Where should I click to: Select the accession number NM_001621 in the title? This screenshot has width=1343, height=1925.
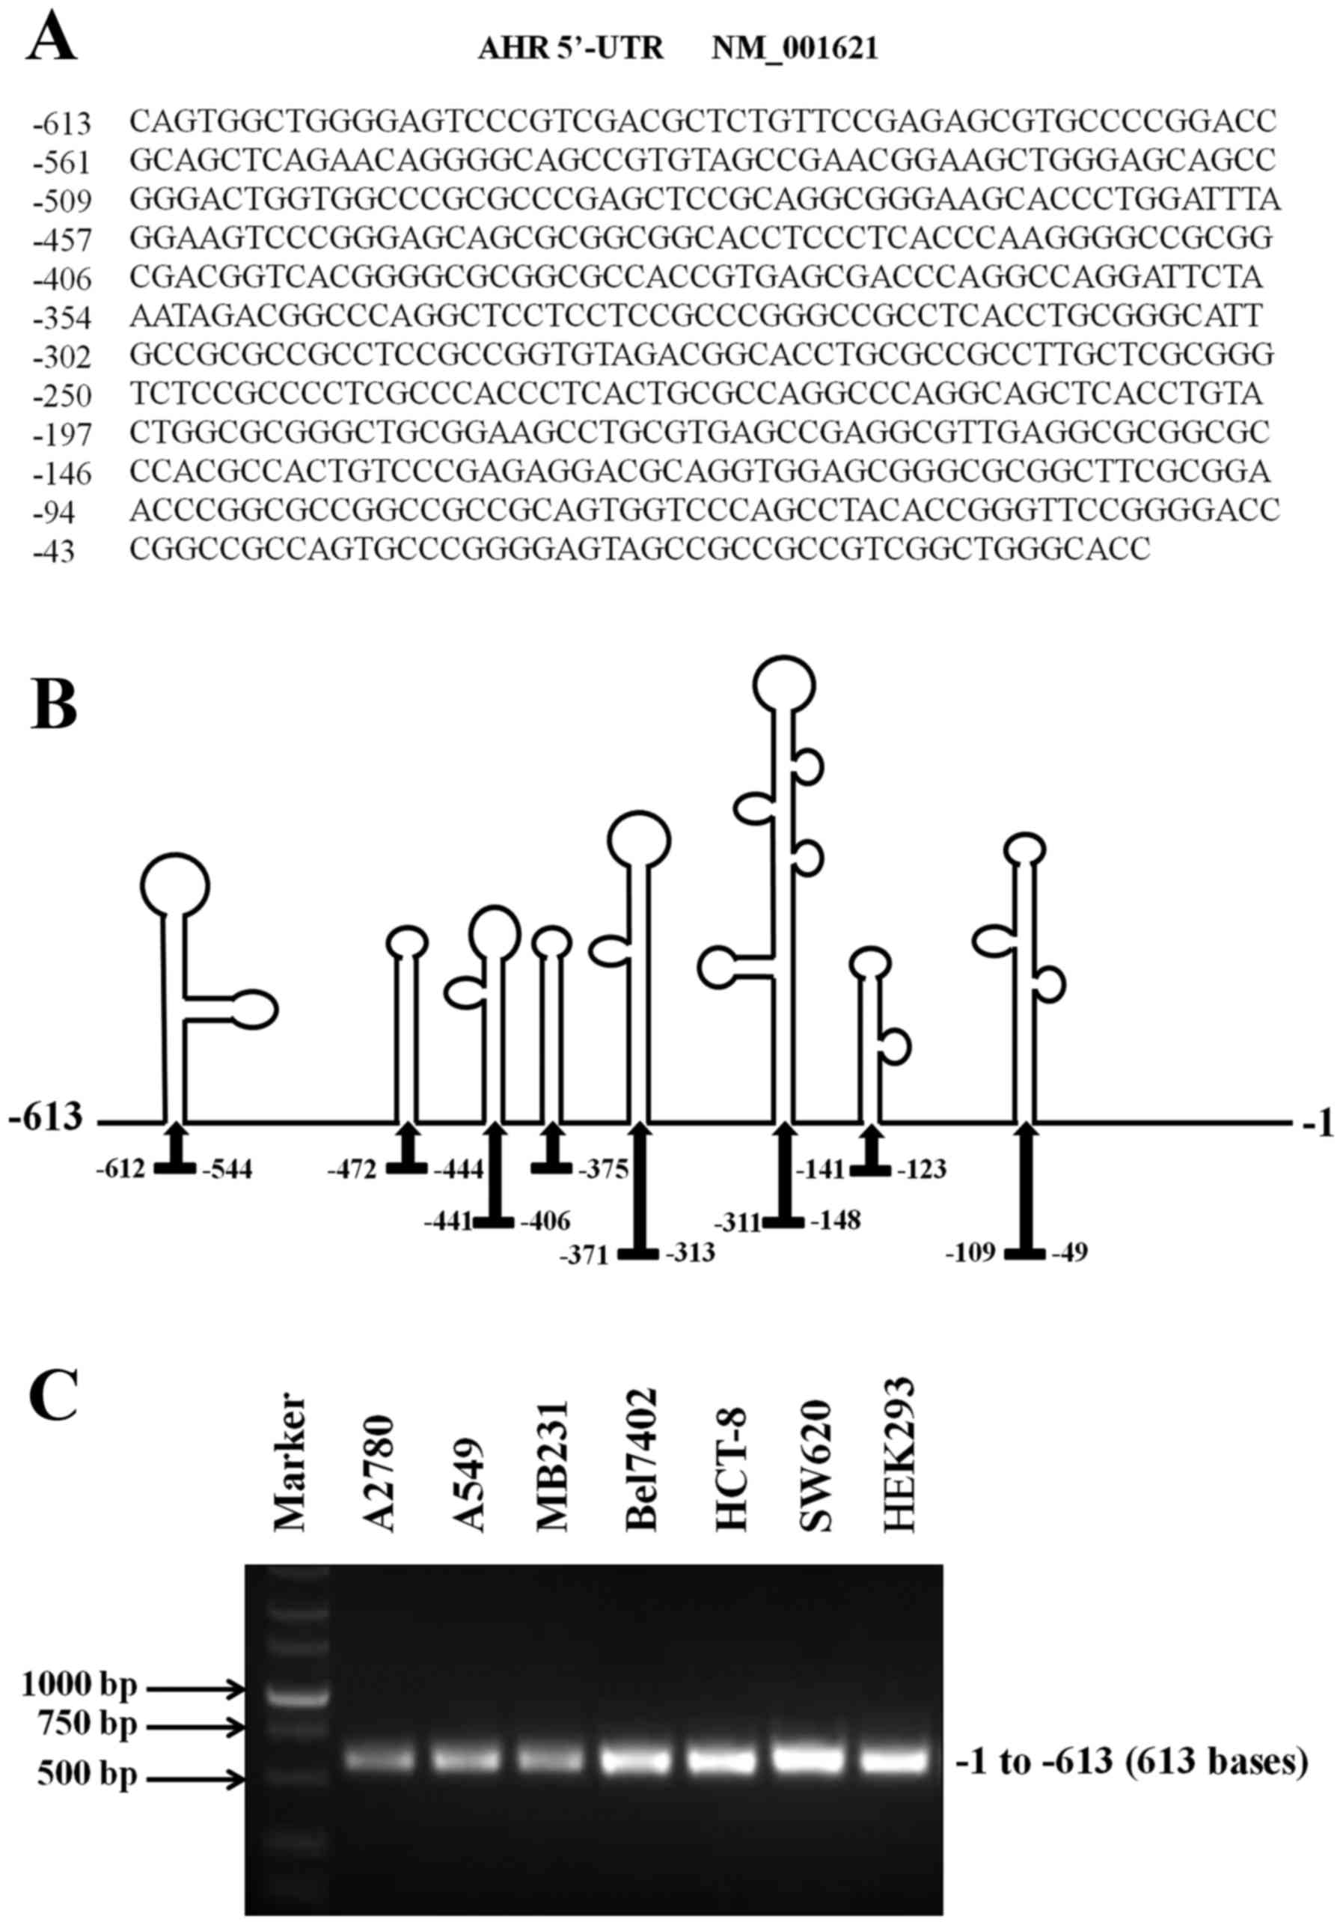(795, 49)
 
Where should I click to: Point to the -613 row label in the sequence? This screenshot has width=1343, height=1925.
(62, 124)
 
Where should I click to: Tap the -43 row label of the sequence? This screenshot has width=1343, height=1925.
(54, 552)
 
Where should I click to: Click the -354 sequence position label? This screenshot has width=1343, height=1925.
(62, 319)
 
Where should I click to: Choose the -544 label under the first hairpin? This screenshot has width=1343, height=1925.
(227, 1169)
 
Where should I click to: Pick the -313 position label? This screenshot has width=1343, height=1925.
(690, 1253)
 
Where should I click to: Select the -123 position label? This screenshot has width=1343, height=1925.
(921, 1169)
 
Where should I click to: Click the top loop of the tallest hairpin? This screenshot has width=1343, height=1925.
(784, 685)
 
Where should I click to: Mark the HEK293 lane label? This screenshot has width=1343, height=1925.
(899, 1456)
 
